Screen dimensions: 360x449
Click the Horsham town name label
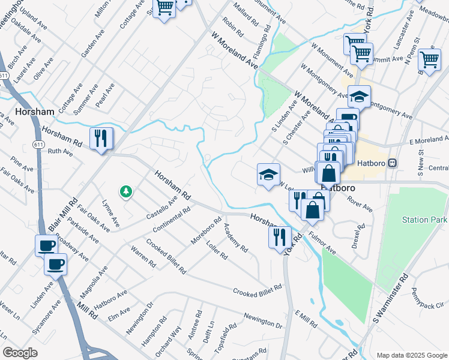(x=35, y=112)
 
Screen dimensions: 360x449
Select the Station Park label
(x=424, y=220)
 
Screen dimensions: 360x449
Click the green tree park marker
(x=126, y=192)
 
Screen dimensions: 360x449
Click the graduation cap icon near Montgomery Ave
(x=359, y=95)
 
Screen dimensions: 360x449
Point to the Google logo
(x=20, y=352)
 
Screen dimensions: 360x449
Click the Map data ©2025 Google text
(x=411, y=355)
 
